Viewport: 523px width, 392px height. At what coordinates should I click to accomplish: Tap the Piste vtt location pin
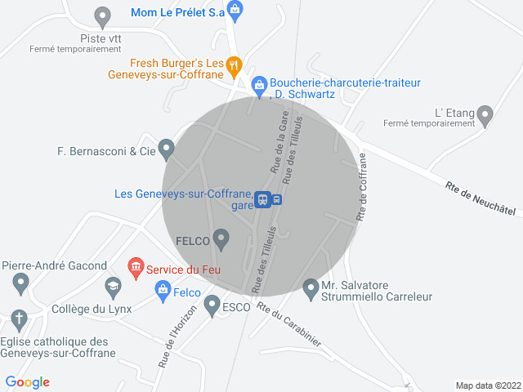tap(102, 16)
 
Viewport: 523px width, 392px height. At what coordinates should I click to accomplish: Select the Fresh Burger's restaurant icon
tap(234, 64)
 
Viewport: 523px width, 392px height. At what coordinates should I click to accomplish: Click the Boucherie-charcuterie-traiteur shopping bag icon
tap(259, 83)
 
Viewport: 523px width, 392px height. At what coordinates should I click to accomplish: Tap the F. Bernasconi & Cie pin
tap(167, 149)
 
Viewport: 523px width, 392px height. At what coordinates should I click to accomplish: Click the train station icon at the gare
tap(262, 199)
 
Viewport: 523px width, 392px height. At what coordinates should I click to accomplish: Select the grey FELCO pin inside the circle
tap(221, 238)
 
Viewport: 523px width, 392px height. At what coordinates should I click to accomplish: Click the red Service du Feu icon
tap(135, 267)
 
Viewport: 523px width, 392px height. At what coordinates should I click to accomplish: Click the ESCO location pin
tap(212, 305)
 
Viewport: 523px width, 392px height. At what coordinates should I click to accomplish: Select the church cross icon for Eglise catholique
tap(19, 318)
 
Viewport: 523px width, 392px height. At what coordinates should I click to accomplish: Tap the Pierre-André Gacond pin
tap(21, 283)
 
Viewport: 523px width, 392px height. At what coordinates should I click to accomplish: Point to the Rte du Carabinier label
tap(289, 324)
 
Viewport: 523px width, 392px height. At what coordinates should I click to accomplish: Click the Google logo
tap(28, 381)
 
